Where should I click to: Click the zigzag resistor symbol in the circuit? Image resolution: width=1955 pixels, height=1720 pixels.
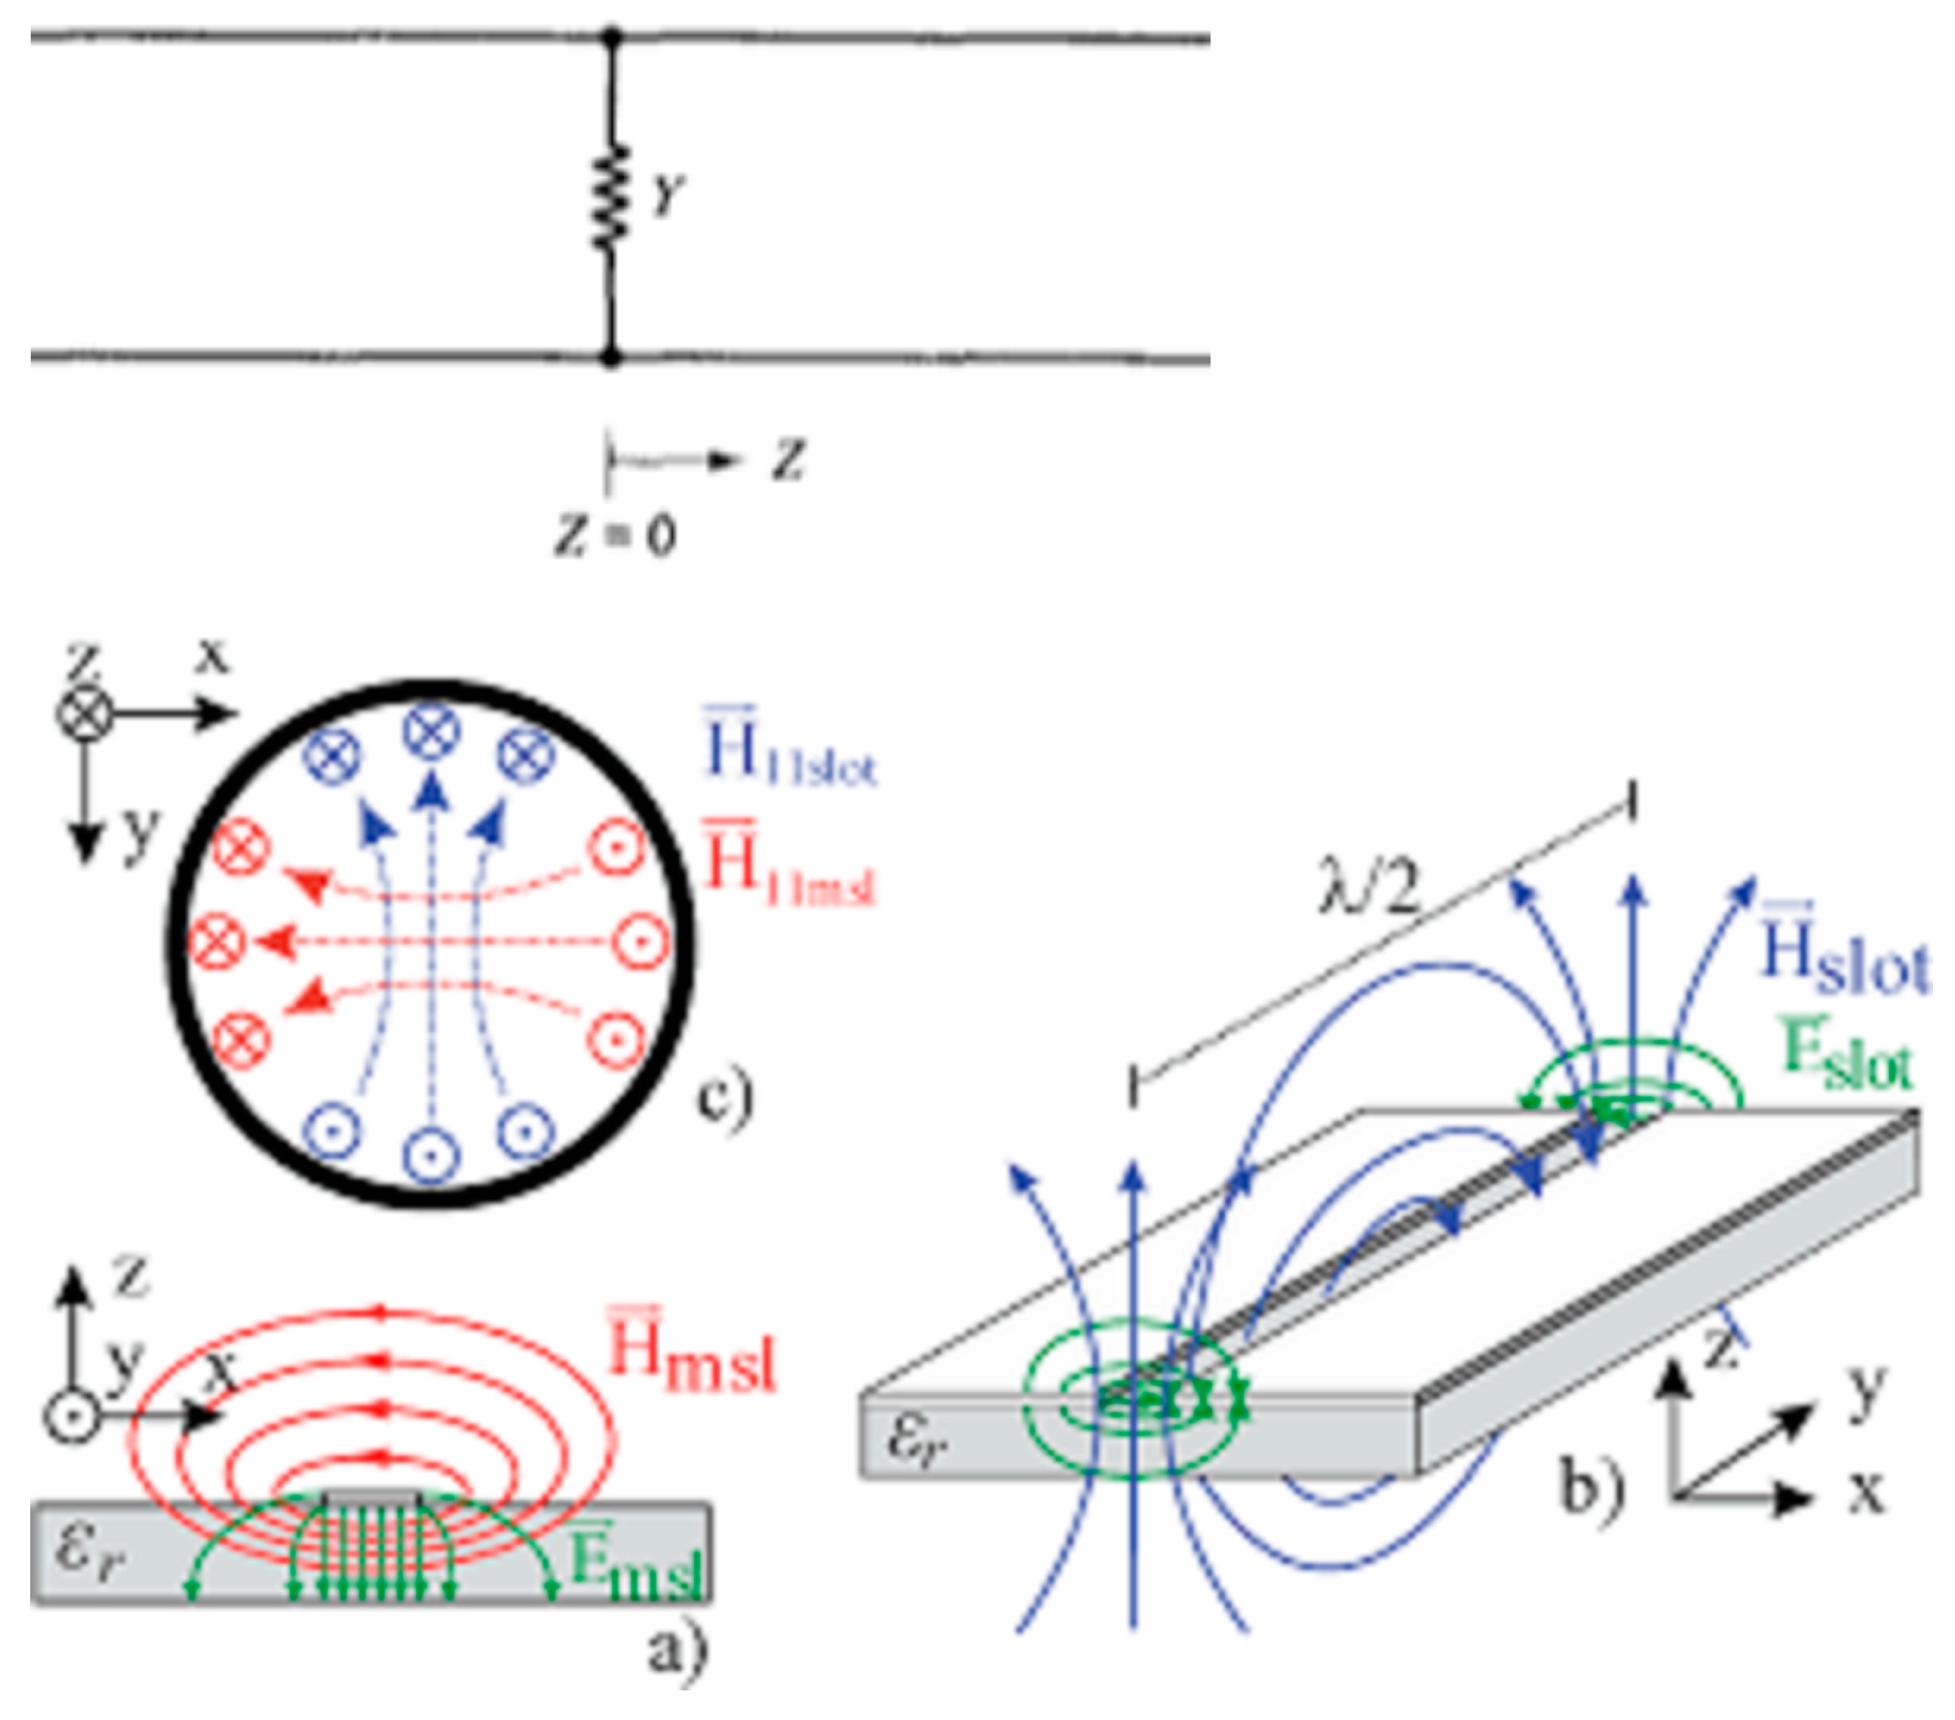click(610, 196)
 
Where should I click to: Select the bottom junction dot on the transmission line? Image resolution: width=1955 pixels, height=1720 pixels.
click(610, 358)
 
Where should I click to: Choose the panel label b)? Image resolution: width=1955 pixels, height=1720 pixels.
click(1593, 1487)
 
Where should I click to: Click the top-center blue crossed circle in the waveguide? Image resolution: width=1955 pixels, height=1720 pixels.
click(432, 732)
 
